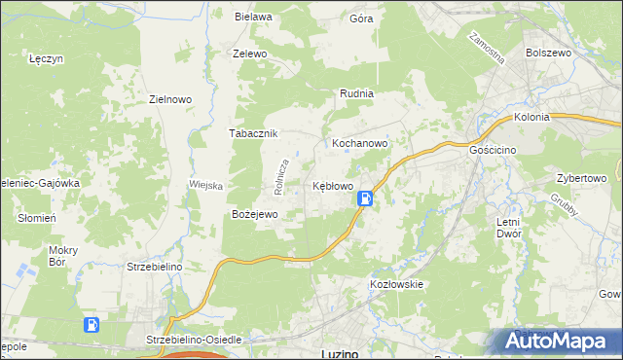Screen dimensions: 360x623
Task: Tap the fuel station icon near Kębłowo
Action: [364, 198]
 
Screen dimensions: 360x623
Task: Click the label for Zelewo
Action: [250, 54]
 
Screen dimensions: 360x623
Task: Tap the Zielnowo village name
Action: [170, 98]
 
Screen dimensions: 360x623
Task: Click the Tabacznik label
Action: [254, 133]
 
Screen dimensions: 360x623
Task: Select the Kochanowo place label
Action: [360, 142]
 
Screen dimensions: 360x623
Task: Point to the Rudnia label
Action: [356, 93]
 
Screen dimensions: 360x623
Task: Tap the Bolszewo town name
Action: [547, 53]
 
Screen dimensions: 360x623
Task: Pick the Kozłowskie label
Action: [395, 284]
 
